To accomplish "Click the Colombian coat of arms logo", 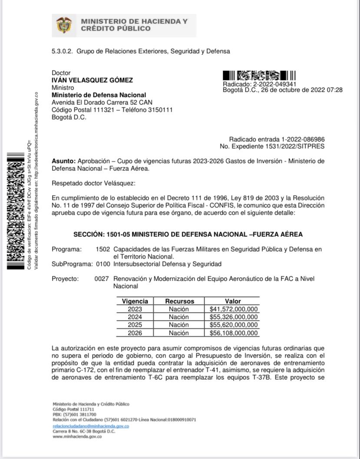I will (65, 25).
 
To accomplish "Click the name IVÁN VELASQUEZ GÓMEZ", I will (92, 80).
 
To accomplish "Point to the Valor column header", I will (233, 301).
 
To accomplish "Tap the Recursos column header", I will (179, 301).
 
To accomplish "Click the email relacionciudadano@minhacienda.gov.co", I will (90, 426).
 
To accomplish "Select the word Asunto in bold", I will (63, 161).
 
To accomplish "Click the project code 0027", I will (101, 279).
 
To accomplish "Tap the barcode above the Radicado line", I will (259, 75).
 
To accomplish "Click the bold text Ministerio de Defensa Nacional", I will (99, 95).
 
